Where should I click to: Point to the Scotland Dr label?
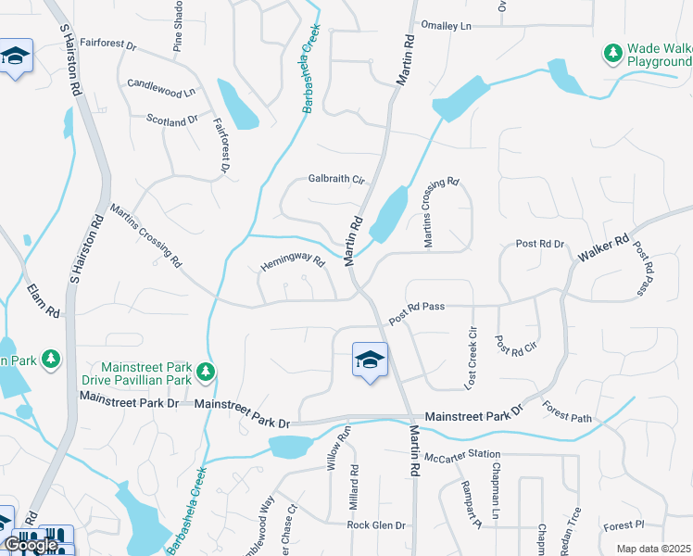(172, 120)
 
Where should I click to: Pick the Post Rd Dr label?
(540, 244)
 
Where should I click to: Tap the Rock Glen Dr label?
(376, 525)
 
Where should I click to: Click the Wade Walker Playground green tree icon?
(611, 54)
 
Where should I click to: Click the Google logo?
(31, 545)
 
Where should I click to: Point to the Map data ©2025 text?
(653, 549)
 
